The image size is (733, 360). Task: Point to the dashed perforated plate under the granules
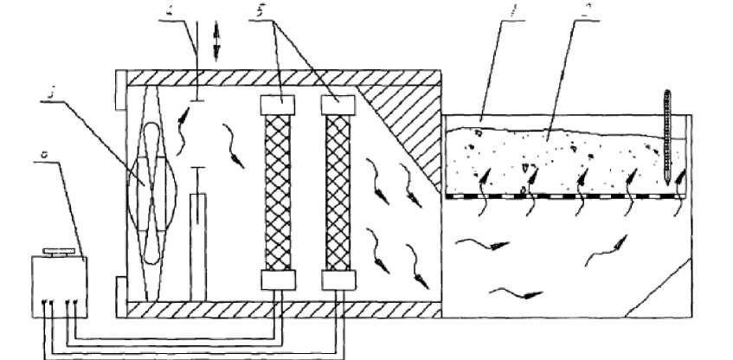pos(563,196)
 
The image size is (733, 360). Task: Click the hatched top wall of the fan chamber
pos(277,77)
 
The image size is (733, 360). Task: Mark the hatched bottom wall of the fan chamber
pos(277,309)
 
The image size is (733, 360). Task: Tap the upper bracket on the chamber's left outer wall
pos(119,95)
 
